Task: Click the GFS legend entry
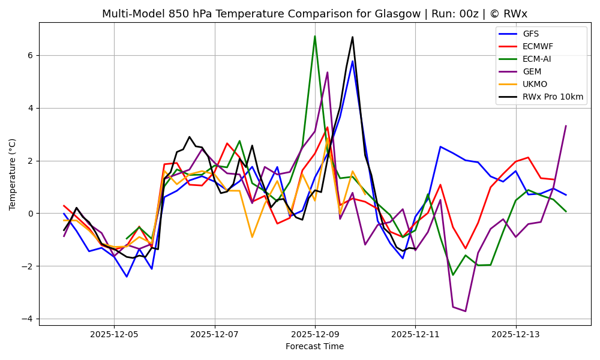(530, 34)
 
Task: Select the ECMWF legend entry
(538, 46)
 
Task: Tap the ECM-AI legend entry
(536, 59)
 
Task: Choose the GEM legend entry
(532, 71)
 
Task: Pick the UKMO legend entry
(535, 84)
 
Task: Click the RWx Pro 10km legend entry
(553, 97)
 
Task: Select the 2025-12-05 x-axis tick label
(115, 334)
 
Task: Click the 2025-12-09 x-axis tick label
(315, 334)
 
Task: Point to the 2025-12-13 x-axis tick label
(515, 334)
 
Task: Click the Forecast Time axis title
(314, 346)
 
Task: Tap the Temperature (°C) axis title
(13, 174)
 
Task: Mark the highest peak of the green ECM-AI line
(314, 36)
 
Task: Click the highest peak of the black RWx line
(352, 37)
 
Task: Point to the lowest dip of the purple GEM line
(465, 311)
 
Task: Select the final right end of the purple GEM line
(566, 126)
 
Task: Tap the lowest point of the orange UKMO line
(252, 237)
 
